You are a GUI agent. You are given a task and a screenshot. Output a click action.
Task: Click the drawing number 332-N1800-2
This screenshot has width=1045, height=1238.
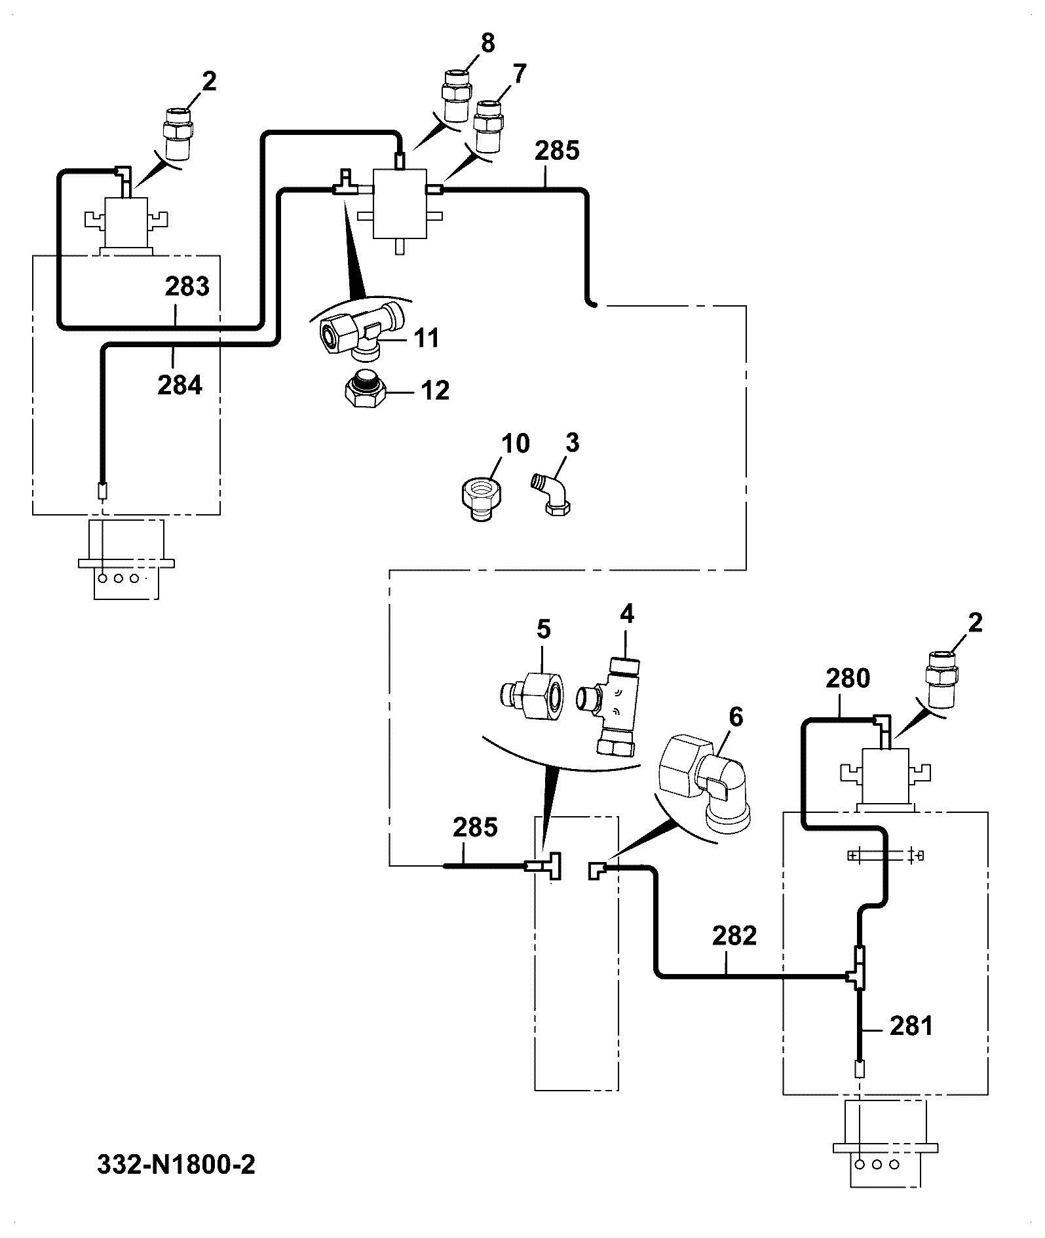[x=176, y=1164]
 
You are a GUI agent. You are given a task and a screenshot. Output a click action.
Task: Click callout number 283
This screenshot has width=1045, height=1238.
[x=187, y=286]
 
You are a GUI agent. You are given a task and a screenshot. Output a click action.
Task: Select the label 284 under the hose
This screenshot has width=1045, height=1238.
[x=180, y=385]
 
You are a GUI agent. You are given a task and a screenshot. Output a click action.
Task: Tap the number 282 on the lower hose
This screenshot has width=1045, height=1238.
[x=734, y=936]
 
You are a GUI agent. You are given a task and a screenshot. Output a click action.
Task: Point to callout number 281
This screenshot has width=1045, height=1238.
[x=911, y=1025]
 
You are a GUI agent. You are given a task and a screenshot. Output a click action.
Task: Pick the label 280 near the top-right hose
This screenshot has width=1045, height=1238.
[x=848, y=678]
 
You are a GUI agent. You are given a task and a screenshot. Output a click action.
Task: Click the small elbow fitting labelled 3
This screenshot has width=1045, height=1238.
[x=551, y=494]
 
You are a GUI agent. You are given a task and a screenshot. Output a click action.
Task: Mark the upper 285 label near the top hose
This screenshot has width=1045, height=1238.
[x=557, y=151]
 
